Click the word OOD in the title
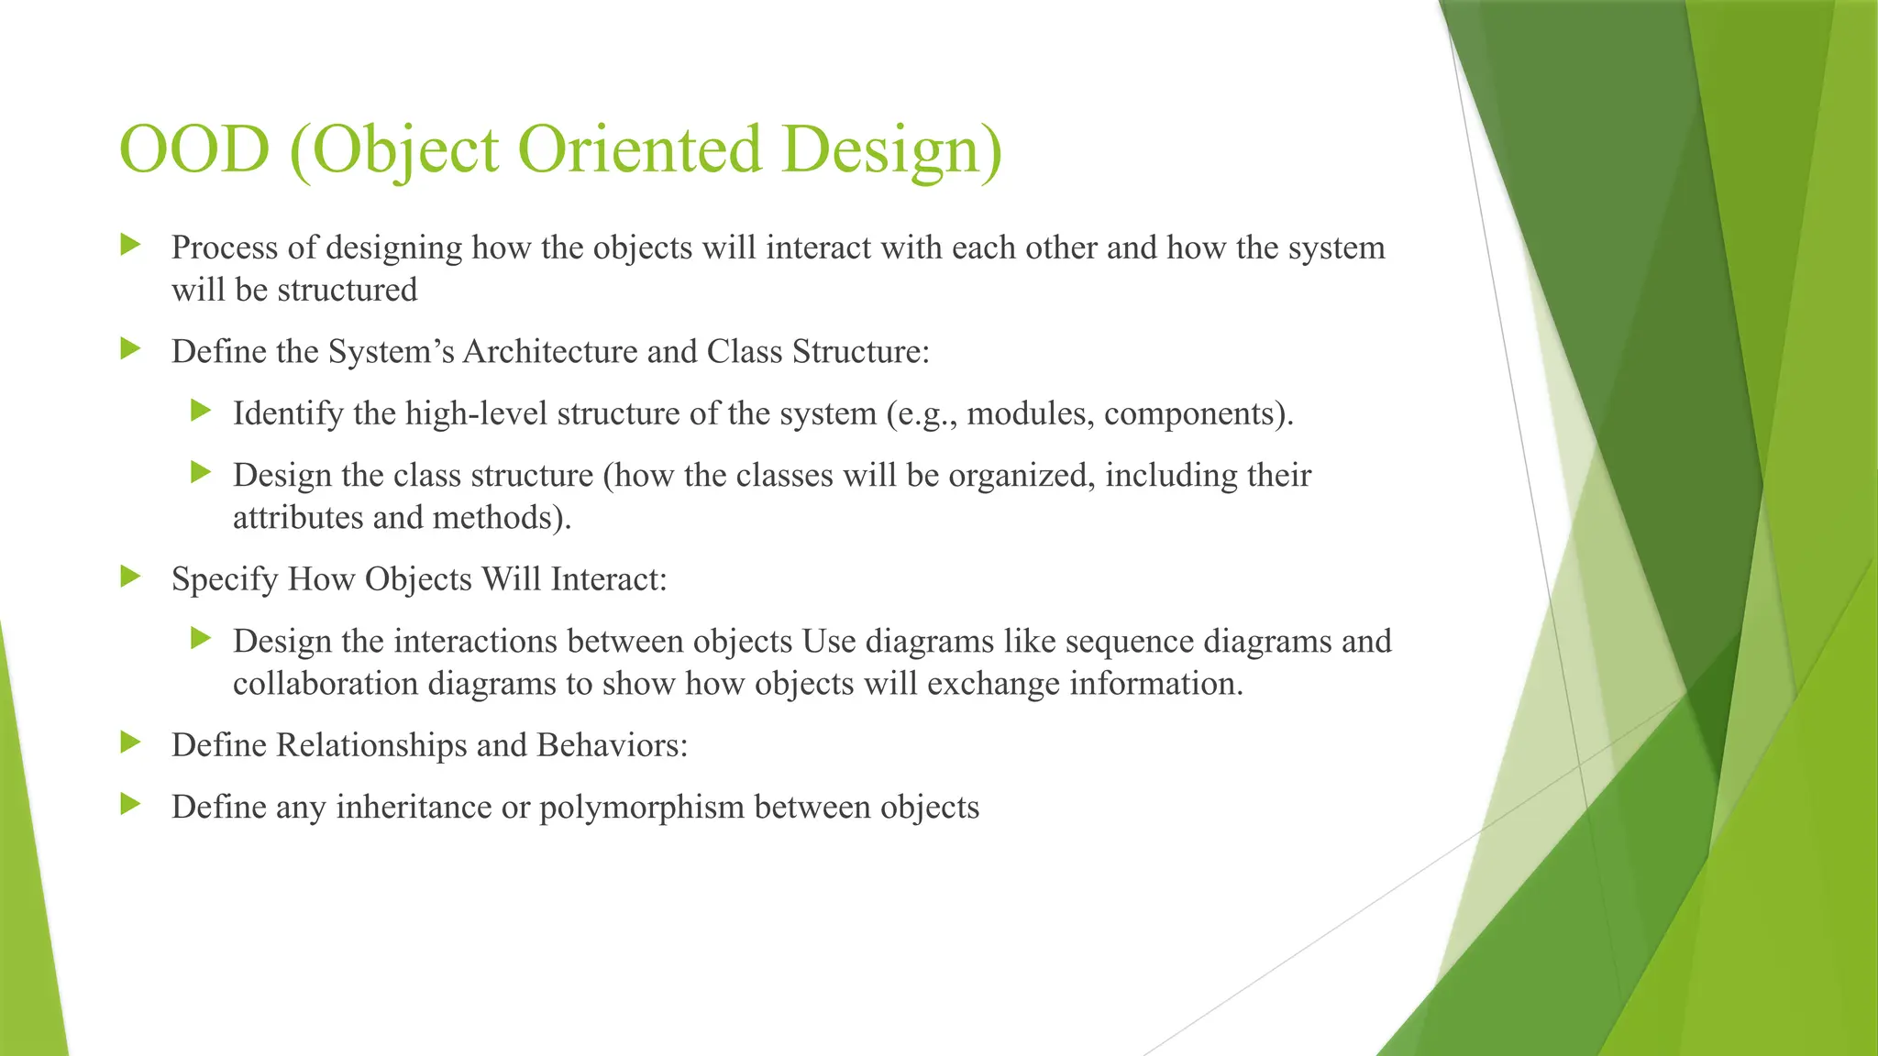tap(194, 149)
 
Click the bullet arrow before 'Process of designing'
tap(131, 245)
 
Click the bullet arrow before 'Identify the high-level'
tap(202, 411)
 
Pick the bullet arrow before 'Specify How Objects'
tap(131, 577)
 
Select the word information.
tap(1156, 684)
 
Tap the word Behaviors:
tap(613, 745)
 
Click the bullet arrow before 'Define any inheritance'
tap(131, 805)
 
